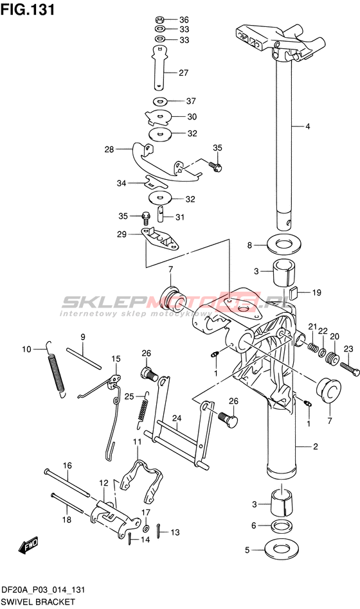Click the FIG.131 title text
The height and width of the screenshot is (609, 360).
point(28,10)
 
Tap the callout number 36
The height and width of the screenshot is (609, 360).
point(184,20)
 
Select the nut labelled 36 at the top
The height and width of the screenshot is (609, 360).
point(159,19)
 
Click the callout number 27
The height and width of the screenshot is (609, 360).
point(183,73)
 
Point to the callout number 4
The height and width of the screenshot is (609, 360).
point(307,126)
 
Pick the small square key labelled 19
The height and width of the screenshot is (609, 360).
point(294,292)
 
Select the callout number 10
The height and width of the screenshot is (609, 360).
point(26,349)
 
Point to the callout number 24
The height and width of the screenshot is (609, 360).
point(177,418)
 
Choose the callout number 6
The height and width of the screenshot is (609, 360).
point(254,525)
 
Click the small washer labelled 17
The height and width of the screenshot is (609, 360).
point(146,529)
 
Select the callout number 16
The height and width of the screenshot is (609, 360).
point(67,466)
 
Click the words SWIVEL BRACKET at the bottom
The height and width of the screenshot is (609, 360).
point(38,602)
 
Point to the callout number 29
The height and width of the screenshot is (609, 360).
point(122,234)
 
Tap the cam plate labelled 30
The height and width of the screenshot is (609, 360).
point(159,117)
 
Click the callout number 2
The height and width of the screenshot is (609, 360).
point(315,446)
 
